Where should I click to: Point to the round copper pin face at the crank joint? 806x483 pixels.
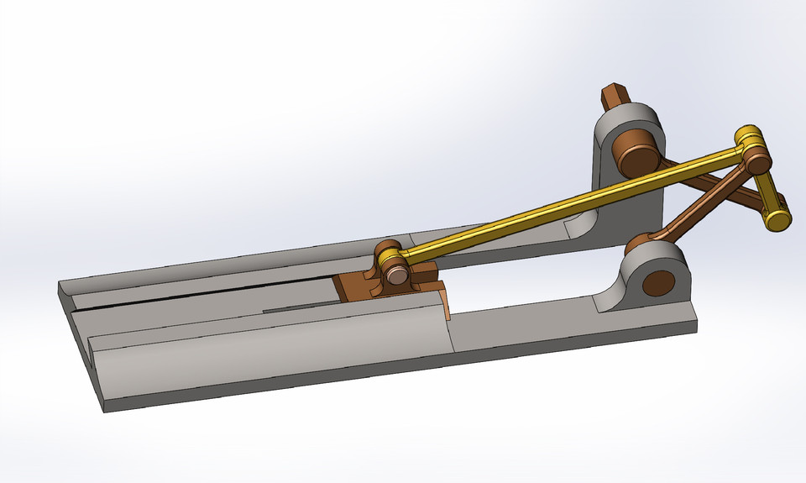coord(758,160)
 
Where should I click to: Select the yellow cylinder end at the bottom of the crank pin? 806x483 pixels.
coord(778,220)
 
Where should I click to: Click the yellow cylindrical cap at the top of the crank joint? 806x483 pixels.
coord(747,135)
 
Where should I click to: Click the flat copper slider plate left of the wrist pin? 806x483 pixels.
coord(353,286)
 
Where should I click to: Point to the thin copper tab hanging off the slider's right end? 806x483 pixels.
coord(446,307)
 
